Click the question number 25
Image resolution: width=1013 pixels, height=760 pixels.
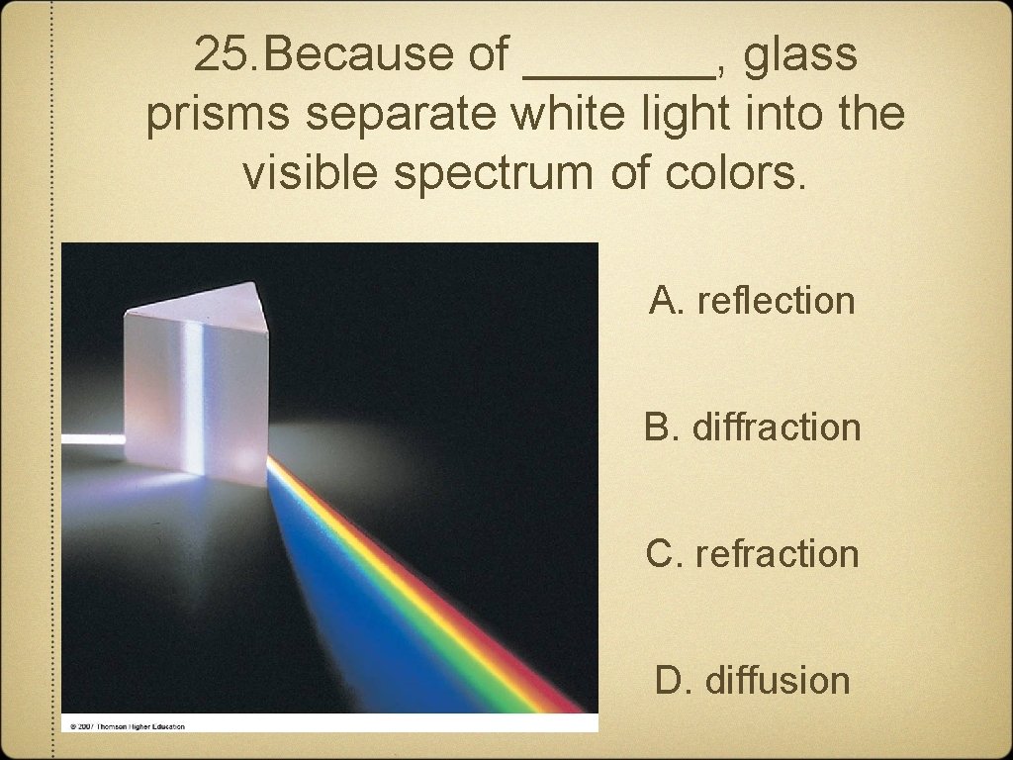coord(223,55)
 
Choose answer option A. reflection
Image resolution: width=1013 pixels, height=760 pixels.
coord(752,300)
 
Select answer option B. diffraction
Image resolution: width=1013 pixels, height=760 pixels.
coord(752,427)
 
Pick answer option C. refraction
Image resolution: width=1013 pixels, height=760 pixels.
coord(752,554)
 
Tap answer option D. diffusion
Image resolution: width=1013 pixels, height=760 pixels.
coord(752,681)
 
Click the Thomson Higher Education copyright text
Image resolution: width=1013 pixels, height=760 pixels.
coord(127,725)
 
